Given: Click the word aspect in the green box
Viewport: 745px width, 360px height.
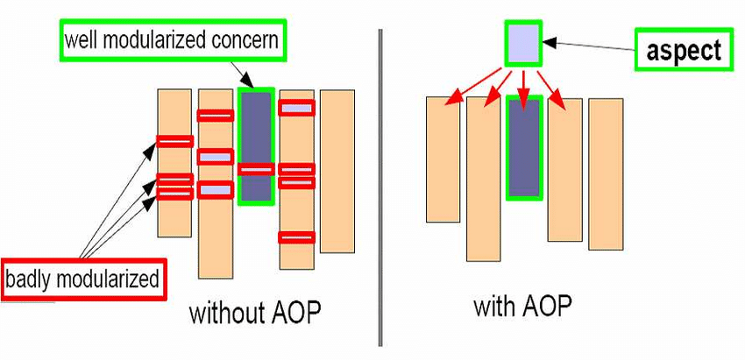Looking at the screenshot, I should tap(684, 50).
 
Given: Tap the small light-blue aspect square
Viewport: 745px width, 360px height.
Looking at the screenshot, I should tap(523, 43).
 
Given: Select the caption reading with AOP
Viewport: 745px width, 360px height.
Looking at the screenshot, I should tap(522, 307).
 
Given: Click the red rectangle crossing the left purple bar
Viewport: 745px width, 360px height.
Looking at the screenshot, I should tap(256, 170).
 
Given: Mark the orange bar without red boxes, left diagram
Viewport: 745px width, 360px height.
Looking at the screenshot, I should tap(337, 171).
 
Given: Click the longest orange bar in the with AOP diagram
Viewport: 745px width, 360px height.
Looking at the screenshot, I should tap(483, 180).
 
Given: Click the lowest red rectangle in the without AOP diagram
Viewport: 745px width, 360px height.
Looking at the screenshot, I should tap(296, 236).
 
